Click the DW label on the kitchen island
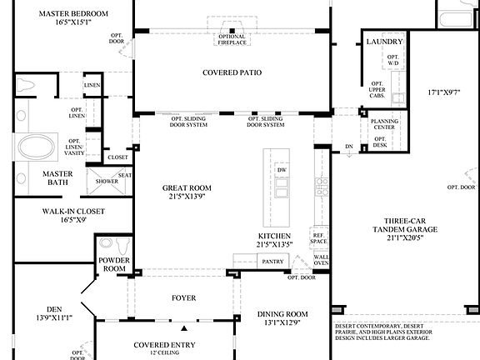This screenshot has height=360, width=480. pos(282,169)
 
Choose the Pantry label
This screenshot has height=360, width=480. pos(272,262)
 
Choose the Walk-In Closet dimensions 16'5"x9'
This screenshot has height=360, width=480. pos(73,222)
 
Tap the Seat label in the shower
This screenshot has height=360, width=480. pos(124,175)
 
